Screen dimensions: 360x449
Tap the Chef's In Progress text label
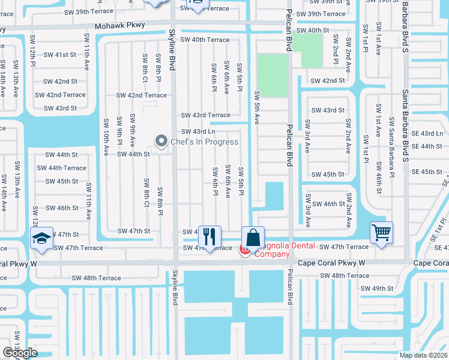(x=203, y=142)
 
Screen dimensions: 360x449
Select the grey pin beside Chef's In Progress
(x=161, y=141)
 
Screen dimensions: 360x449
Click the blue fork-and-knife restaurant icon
(x=209, y=236)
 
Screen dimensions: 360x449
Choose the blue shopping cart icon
(x=382, y=232)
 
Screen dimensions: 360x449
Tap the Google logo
(x=20, y=353)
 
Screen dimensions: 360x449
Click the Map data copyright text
(x=424, y=355)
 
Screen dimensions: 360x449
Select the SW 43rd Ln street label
(x=198, y=131)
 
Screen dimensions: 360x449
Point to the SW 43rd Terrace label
(x=206, y=115)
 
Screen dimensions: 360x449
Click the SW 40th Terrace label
(x=206, y=40)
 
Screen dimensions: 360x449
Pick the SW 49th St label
(x=377, y=288)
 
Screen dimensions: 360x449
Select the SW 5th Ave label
(x=257, y=107)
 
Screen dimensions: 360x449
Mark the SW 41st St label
(x=61, y=54)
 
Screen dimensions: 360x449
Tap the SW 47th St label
(x=133, y=231)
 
